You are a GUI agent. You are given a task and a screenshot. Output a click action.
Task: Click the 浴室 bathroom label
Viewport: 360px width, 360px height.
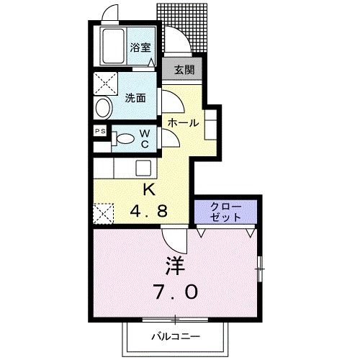coord(140,48)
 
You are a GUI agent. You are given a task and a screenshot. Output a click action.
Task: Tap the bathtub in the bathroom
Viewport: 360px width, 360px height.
coord(111,47)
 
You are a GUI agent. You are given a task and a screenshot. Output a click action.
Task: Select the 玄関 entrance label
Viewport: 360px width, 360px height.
coord(181,71)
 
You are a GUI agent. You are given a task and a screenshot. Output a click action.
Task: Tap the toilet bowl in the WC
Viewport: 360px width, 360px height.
coord(125,139)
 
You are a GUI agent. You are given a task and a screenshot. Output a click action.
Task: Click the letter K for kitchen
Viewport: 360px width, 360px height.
coord(149,190)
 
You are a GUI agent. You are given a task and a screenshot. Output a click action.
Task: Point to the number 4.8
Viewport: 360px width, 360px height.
coord(149,212)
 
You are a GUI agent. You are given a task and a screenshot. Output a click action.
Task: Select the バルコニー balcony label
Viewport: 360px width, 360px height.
coord(175,337)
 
